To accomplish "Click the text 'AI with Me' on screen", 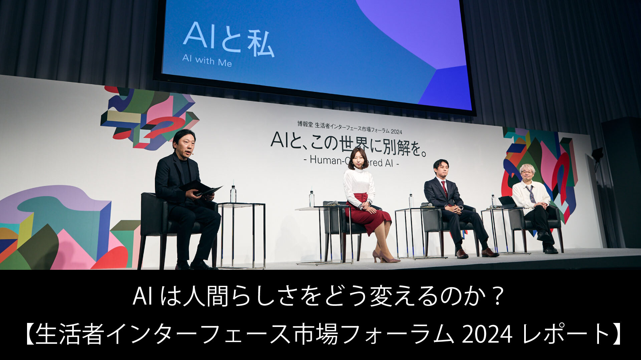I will pyautogui.click(x=207, y=61).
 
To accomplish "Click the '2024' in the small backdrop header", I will pyautogui.click(x=396, y=132).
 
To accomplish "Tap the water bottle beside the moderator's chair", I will pyautogui.click(x=233, y=194).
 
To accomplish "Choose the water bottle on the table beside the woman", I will pyautogui.click(x=311, y=199).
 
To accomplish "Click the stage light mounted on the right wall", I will pyautogui.click(x=597, y=155).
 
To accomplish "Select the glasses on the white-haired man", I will pyautogui.click(x=527, y=172).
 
